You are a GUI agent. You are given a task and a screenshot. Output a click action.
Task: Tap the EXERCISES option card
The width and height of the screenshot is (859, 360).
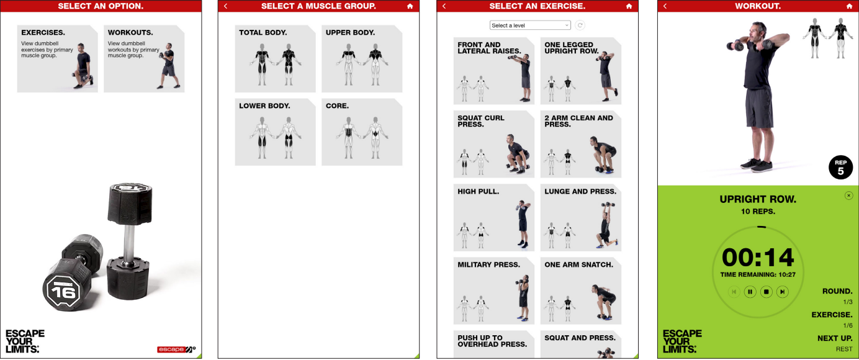pyautogui.click(x=58, y=59)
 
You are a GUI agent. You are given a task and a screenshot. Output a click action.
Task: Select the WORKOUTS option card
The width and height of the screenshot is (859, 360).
pyautogui.click(x=144, y=59)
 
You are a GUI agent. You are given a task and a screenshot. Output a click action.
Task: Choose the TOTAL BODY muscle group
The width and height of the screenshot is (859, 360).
pyautogui.click(x=276, y=59)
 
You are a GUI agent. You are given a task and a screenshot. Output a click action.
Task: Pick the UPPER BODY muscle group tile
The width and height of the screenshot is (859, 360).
pyautogui.click(x=362, y=59)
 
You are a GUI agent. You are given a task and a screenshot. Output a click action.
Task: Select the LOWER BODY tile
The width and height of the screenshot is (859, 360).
pyautogui.click(x=276, y=132)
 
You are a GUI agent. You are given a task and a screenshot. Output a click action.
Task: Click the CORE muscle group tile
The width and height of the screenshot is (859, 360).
pyautogui.click(x=362, y=132)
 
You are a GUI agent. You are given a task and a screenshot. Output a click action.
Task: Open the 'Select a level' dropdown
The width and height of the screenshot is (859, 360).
pyautogui.click(x=530, y=25)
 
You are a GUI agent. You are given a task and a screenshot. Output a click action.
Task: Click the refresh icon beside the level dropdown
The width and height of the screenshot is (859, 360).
pyautogui.click(x=580, y=25)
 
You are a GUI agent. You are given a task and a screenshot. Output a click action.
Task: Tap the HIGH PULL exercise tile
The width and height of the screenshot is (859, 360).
pyautogui.click(x=494, y=217)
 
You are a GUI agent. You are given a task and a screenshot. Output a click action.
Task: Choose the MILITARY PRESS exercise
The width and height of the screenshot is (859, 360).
pyautogui.click(x=494, y=290)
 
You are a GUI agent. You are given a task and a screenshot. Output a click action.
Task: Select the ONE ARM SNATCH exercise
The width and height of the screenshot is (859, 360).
pyautogui.click(x=581, y=290)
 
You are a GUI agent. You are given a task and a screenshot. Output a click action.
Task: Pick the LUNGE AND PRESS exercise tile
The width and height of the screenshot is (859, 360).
pyautogui.click(x=581, y=217)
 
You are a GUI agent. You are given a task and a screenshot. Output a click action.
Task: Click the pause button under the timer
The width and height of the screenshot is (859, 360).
pyautogui.click(x=750, y=292)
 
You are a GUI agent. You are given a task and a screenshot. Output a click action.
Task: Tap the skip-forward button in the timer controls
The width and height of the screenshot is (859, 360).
pyautogui.click(x=782, y=292)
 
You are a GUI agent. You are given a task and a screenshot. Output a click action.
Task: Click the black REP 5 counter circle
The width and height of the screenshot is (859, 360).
pyautogui.click(x=840, y=167)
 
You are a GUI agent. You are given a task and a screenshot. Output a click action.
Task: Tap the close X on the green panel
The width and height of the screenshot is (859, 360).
pyautogui.click(x=848, y=196)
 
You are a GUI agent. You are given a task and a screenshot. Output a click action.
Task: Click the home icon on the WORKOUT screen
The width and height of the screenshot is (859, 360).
pyautogui.click(x=848, y=6)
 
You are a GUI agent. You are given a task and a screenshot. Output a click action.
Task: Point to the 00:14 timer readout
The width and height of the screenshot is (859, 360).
pyautogui.click(x=758, y=257)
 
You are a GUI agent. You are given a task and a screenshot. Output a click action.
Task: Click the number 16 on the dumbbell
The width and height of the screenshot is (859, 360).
pyautogui.click(x=63, y=293)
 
